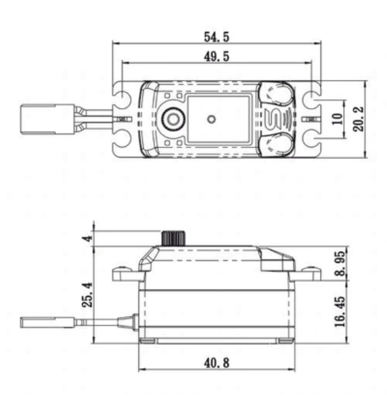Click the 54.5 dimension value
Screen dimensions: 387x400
pos(216,37)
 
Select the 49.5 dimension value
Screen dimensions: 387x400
pos(216,56)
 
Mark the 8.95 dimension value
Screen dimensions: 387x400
pos(340,263)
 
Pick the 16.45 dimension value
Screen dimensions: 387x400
pos(340,311)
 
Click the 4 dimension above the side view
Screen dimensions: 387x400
pos(87,239)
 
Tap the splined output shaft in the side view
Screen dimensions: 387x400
pos(173,239)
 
